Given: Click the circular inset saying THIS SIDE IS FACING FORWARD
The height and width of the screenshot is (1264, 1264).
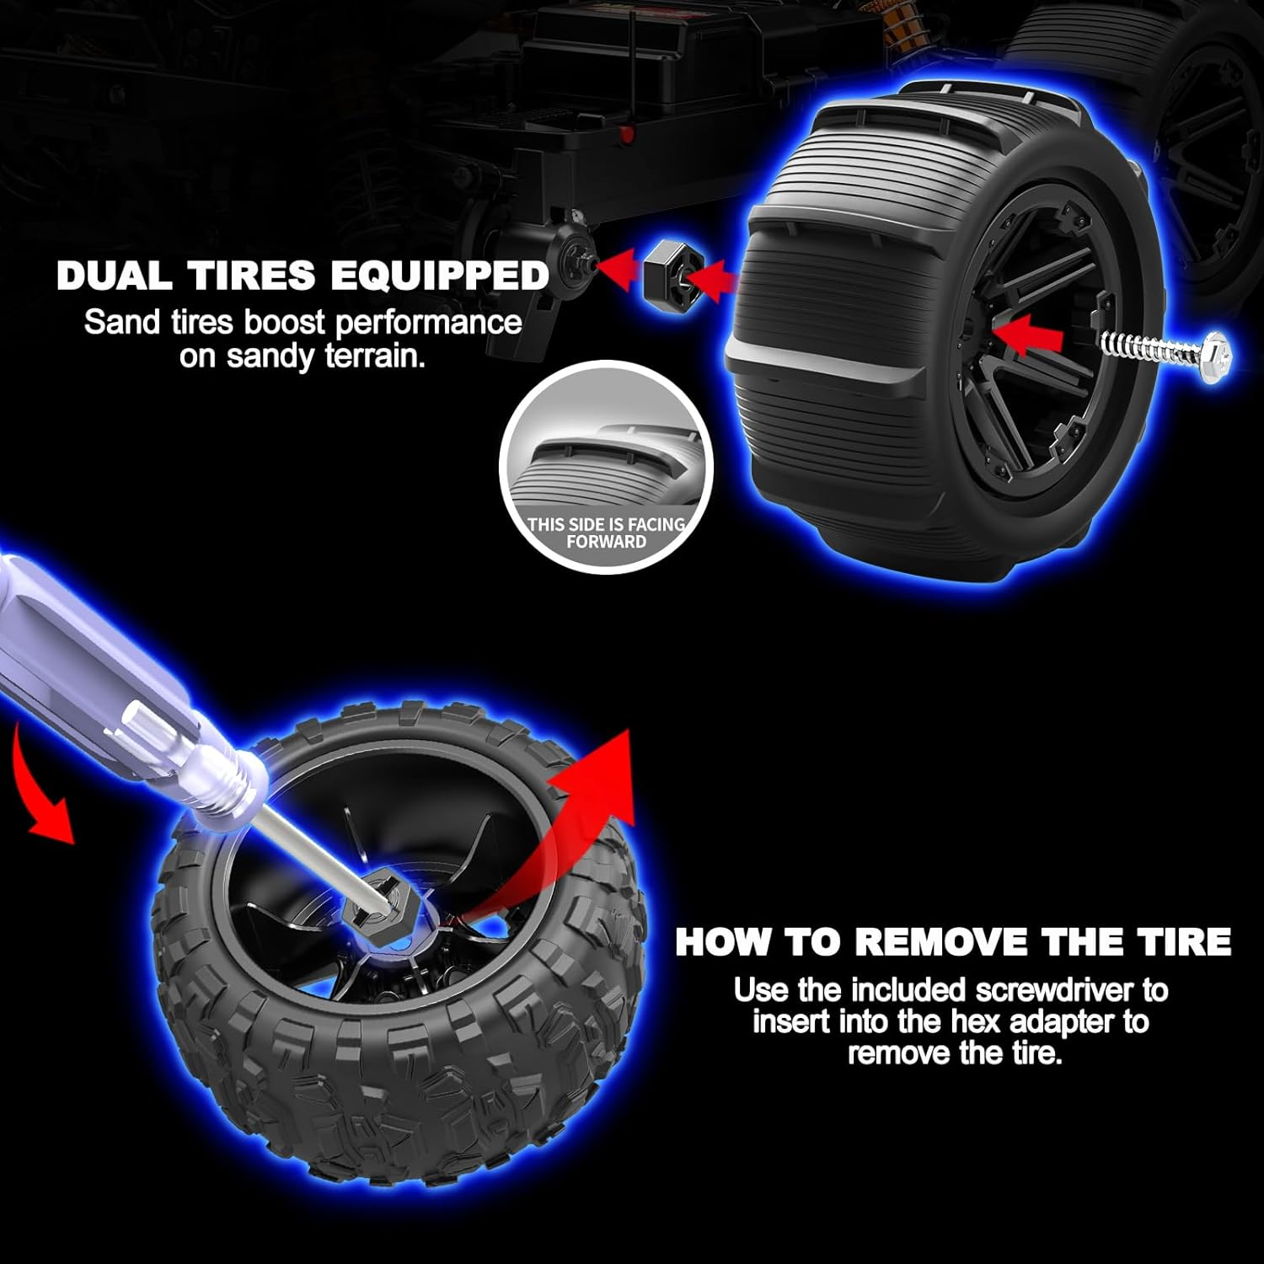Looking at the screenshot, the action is click(x=606, y=468).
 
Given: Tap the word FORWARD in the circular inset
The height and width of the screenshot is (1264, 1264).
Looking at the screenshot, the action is click(x=606, y=542).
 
